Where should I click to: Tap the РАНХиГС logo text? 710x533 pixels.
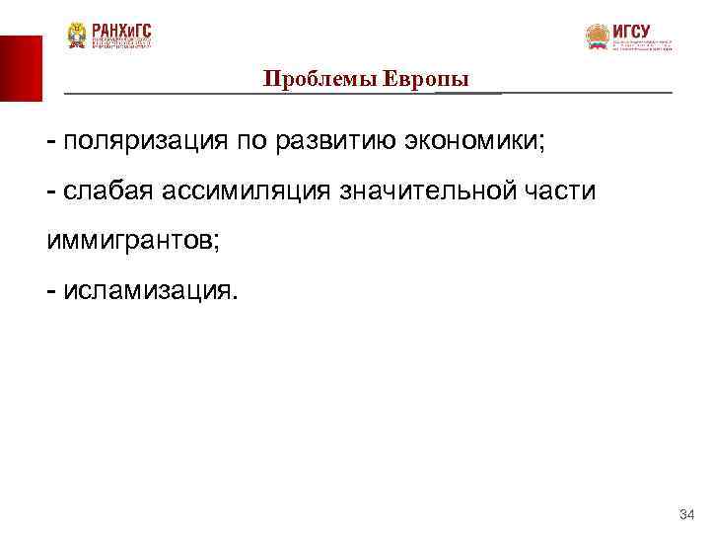(x=122, y=31)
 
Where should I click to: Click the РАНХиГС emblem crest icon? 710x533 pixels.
(x=77, y=36)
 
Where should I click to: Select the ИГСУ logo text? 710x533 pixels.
(x=631, y=31)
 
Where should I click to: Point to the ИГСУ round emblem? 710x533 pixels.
(x=597, y=38)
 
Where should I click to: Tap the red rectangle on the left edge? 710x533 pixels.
(x=21, y=68)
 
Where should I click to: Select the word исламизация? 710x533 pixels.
(x=147, y=290)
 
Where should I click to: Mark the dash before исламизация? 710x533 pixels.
(x=49, y=290)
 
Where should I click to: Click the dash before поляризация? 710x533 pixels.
(x=49, y=141)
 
